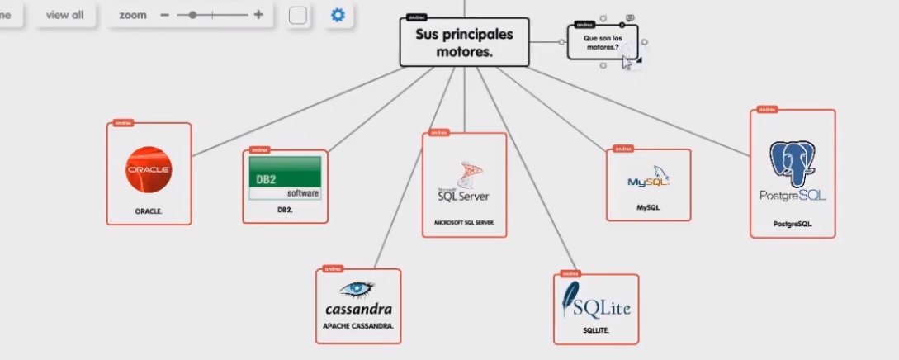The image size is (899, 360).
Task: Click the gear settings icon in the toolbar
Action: (337, 15)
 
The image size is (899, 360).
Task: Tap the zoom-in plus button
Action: (258, 15)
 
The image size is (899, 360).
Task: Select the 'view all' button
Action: (64, 15)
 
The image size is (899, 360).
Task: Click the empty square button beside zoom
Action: (298, 16)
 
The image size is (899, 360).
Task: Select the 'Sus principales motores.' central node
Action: (463, 43)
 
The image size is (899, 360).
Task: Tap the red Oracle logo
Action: (149, 169)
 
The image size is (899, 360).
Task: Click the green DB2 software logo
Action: (285, 177)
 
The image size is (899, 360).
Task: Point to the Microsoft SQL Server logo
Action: (464, 183)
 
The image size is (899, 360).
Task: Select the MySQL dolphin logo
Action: (649, 178)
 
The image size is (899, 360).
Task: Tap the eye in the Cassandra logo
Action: (357, 289)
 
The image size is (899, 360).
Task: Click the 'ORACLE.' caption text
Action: (149, 211)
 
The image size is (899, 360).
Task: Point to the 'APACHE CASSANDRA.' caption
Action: (358, 326)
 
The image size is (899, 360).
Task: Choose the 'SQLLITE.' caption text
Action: (595, 330)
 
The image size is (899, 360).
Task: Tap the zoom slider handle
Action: (192, 15)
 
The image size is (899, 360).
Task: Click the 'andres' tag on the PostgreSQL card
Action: (767, 109)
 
